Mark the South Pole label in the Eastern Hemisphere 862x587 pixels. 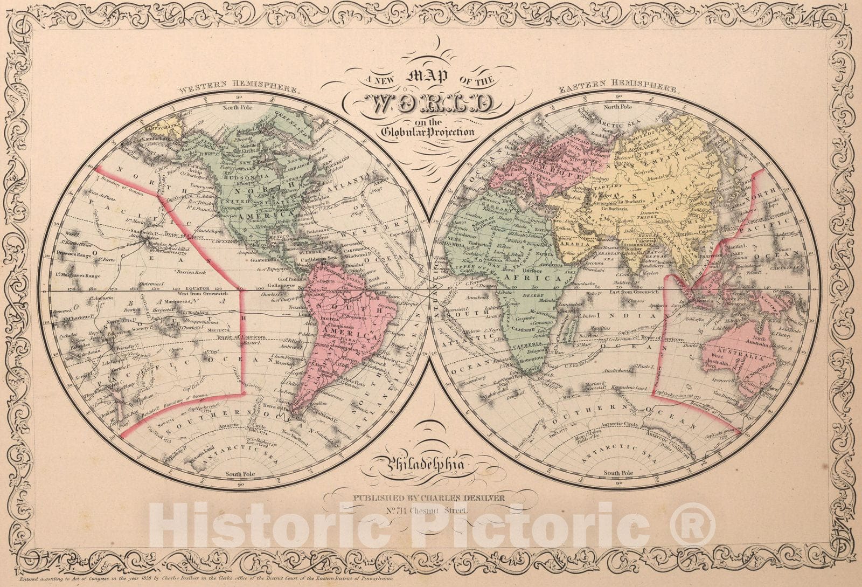[618, 473]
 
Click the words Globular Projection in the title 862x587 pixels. [428, 132]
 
